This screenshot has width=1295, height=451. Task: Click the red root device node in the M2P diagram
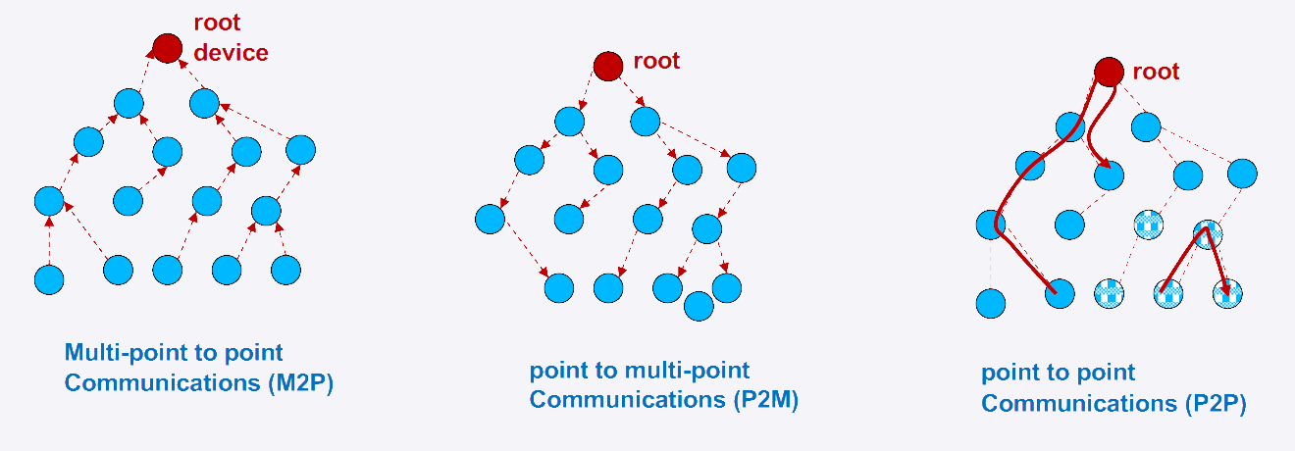pyautogui.click(x=168, y=47)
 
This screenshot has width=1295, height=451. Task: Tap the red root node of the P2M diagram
pyautogui.click(x=608, y=66)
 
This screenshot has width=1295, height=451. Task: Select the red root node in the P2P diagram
pyautogui.click(x=1109, y=72)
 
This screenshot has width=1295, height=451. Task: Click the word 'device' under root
pyautogui.click(x=231, y=53)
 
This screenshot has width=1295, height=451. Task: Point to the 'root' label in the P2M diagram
pyautogui.click(x=656, y=61)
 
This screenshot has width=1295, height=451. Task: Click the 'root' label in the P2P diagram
pyautogui.click(x=1156, y=72)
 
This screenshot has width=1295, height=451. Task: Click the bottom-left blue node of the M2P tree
pyautogui.click(x=49, y=279)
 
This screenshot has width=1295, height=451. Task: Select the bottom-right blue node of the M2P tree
pyautogui.click(x=285, y=270)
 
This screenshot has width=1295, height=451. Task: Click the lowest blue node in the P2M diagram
pyautogui.click(x=699, y=305)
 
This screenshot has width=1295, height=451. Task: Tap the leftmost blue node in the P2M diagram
pyautogui.click(x=490, y=220)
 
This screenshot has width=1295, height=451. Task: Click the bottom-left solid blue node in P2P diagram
pyautogui.click(x=992, y=303)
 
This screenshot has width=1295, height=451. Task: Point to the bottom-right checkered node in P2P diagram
pyautogui.click(x=1227, y=293)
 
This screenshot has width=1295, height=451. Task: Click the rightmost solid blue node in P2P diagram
pyautogui.click(x=1242, y=174)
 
